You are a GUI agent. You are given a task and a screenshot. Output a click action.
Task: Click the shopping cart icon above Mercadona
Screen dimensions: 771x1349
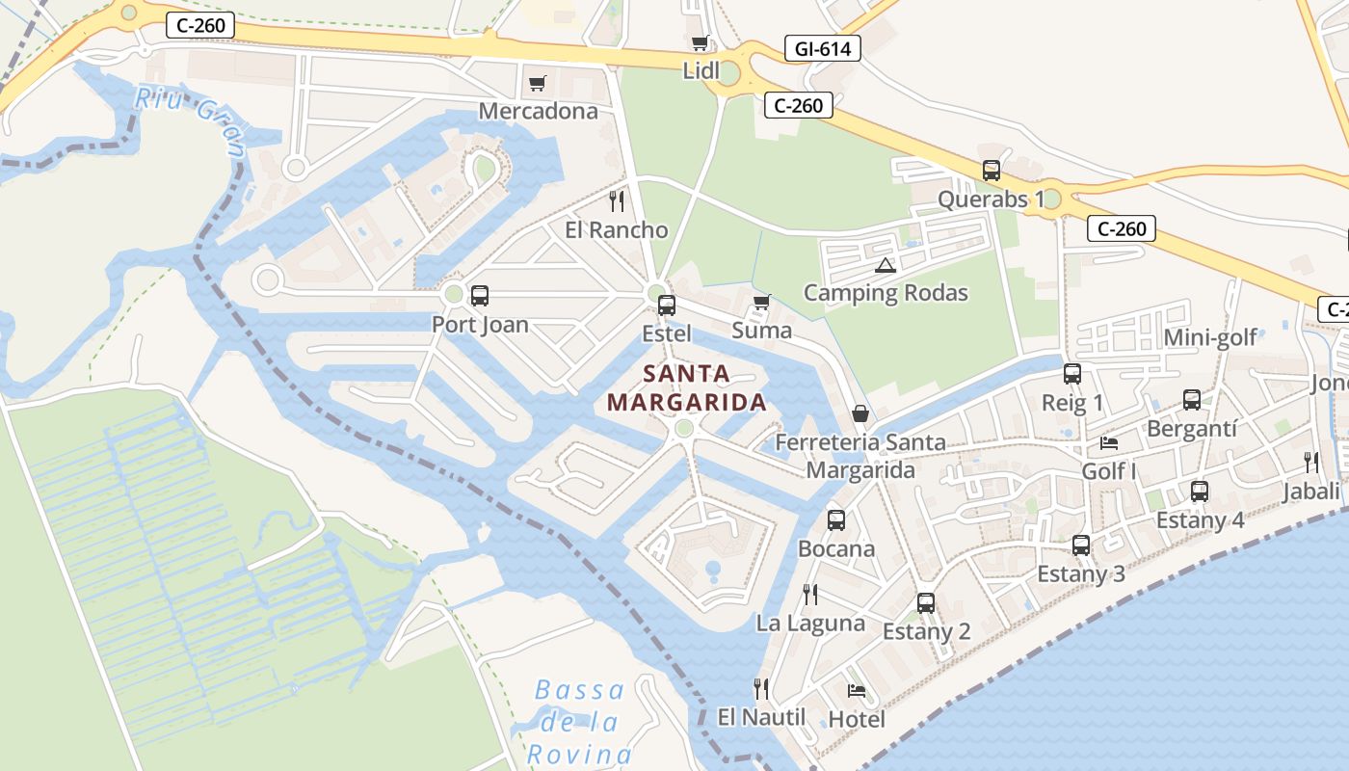point(537,83)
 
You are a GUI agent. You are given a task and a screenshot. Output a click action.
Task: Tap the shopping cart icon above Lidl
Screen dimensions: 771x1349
point(701,42)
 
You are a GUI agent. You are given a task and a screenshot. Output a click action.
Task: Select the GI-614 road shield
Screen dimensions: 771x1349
point(822,48)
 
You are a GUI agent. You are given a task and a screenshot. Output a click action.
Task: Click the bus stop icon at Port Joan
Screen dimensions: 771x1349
point(479,296)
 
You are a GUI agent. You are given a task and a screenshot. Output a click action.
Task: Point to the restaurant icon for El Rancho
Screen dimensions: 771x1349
point(617,201)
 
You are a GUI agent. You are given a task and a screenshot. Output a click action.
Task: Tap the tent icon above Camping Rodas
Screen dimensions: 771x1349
point(885,265)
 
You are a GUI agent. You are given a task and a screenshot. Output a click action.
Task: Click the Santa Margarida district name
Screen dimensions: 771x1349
point(687,387)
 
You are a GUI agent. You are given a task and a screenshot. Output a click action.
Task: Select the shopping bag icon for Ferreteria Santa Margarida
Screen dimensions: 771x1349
point(860,413)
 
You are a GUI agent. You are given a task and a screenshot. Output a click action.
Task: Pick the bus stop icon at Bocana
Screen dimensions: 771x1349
point(835,520)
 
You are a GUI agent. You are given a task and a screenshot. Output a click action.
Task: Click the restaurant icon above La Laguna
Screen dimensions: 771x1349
point(810,594)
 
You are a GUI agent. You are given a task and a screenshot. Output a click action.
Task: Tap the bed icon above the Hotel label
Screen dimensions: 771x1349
point(856,690)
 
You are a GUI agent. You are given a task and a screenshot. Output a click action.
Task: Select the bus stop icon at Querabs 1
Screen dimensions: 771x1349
point(992,171)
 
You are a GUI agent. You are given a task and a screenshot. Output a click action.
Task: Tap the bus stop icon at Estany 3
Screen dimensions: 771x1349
point(1081,545)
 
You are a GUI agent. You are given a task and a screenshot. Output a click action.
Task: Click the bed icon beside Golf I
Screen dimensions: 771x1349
point(1109,443)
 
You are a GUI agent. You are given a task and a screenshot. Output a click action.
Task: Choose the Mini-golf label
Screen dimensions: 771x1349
point(1210,337)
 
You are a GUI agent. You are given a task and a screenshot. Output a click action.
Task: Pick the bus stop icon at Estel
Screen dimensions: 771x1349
point(666,306)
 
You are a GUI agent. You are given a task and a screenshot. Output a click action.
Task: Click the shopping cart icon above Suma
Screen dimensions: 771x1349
point(761,303)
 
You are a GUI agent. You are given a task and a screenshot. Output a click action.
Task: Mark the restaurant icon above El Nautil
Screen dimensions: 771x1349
point(761,688)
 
